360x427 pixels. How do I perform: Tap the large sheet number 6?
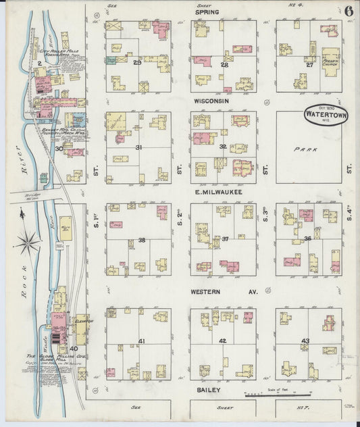(346, 11)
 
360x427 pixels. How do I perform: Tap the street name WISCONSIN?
(211, 101)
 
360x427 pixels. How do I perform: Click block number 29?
(137, 63)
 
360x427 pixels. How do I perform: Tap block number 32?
(223, 146)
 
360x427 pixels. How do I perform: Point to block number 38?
(142, 240)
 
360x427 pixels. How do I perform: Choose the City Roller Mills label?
(64, 51)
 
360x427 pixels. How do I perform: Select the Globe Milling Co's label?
(46, 356)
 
